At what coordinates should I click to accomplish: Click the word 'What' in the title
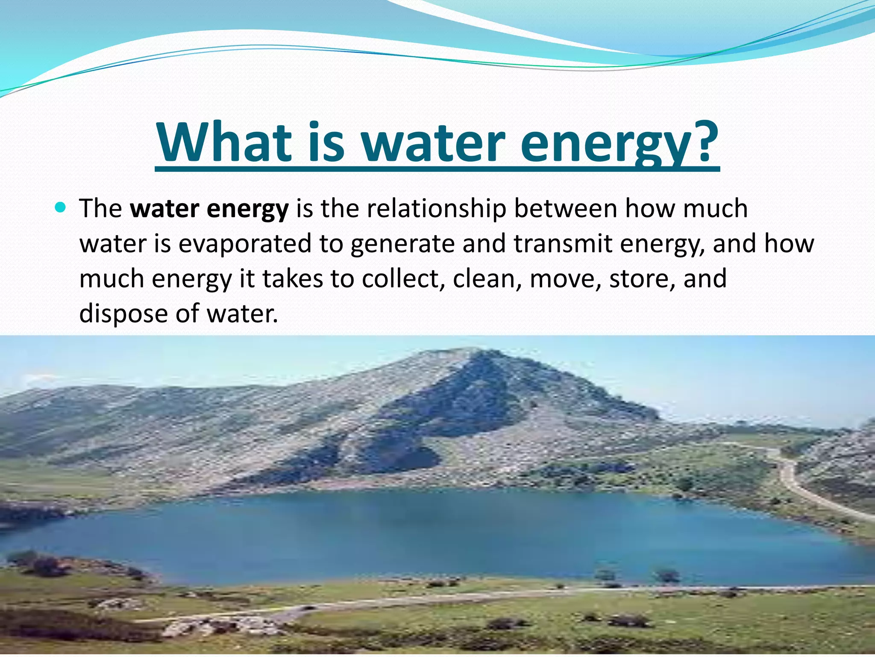[x=222, y=142]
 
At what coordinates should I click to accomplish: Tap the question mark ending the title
[x=702, y=142]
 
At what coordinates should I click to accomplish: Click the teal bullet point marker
[x=60, y=208]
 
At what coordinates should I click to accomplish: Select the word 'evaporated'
[x=245, y=244]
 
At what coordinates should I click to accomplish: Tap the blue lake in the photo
[x=427, y=535]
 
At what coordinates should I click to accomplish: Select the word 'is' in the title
[x=326, y=142]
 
